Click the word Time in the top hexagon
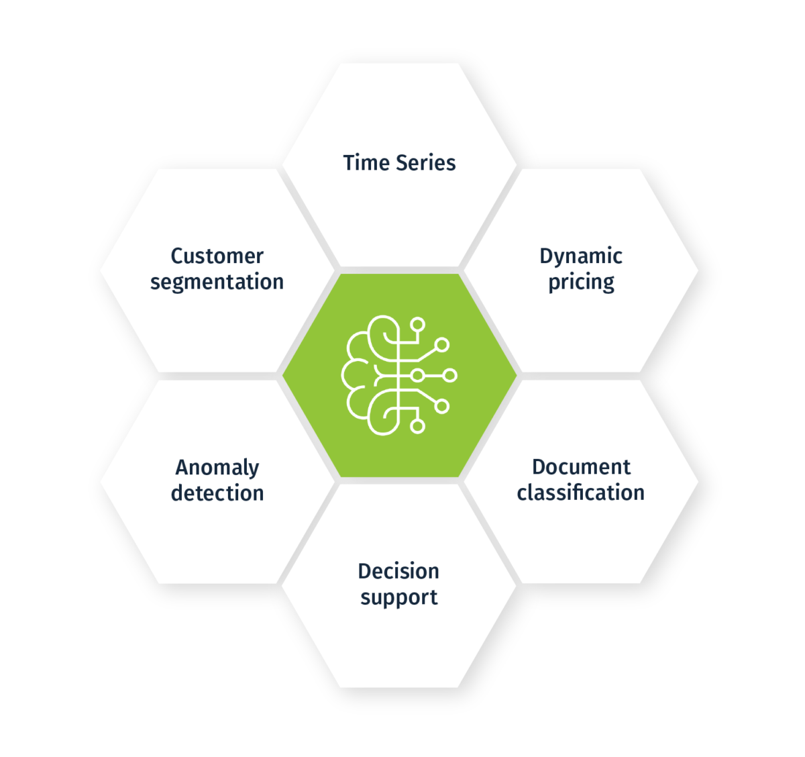367,163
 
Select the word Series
425,163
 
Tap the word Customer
217,256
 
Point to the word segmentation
217,282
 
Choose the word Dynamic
581,256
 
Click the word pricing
581,283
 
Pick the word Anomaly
217,468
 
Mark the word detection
217,493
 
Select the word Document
581,467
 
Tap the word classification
580,493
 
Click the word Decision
398,571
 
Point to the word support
398,597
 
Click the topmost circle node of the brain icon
418,325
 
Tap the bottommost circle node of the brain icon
418,426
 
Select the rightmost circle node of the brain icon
450,375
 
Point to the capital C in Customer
178,256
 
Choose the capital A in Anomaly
183,467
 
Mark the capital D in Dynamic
547,256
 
